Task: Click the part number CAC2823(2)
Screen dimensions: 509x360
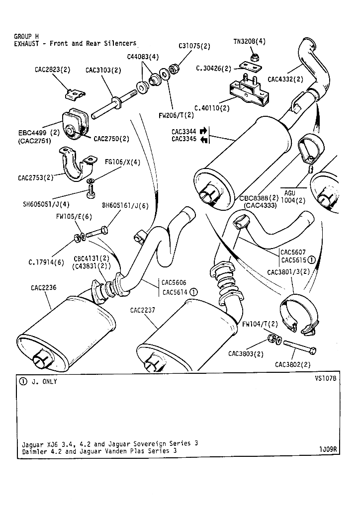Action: point(52,70)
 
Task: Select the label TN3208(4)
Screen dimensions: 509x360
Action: point(249,42)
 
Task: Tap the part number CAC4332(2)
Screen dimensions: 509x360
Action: point(285,79)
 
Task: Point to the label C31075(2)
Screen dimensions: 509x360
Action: point(194,46)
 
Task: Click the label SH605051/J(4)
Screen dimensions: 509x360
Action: point(46,203)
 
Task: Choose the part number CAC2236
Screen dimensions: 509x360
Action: point(44,287)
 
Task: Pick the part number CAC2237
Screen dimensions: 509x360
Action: point(143,310)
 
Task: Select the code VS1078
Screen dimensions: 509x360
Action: point(326,378)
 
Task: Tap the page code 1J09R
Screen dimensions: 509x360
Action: point(329,449)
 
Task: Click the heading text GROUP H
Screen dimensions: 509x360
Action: point(26,36)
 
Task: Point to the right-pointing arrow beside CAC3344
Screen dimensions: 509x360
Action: point(203,131)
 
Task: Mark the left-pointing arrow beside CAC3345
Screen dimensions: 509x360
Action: point(203,140)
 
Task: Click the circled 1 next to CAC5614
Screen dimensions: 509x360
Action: point(193,292)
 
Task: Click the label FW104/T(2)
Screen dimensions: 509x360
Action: point(260,324)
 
